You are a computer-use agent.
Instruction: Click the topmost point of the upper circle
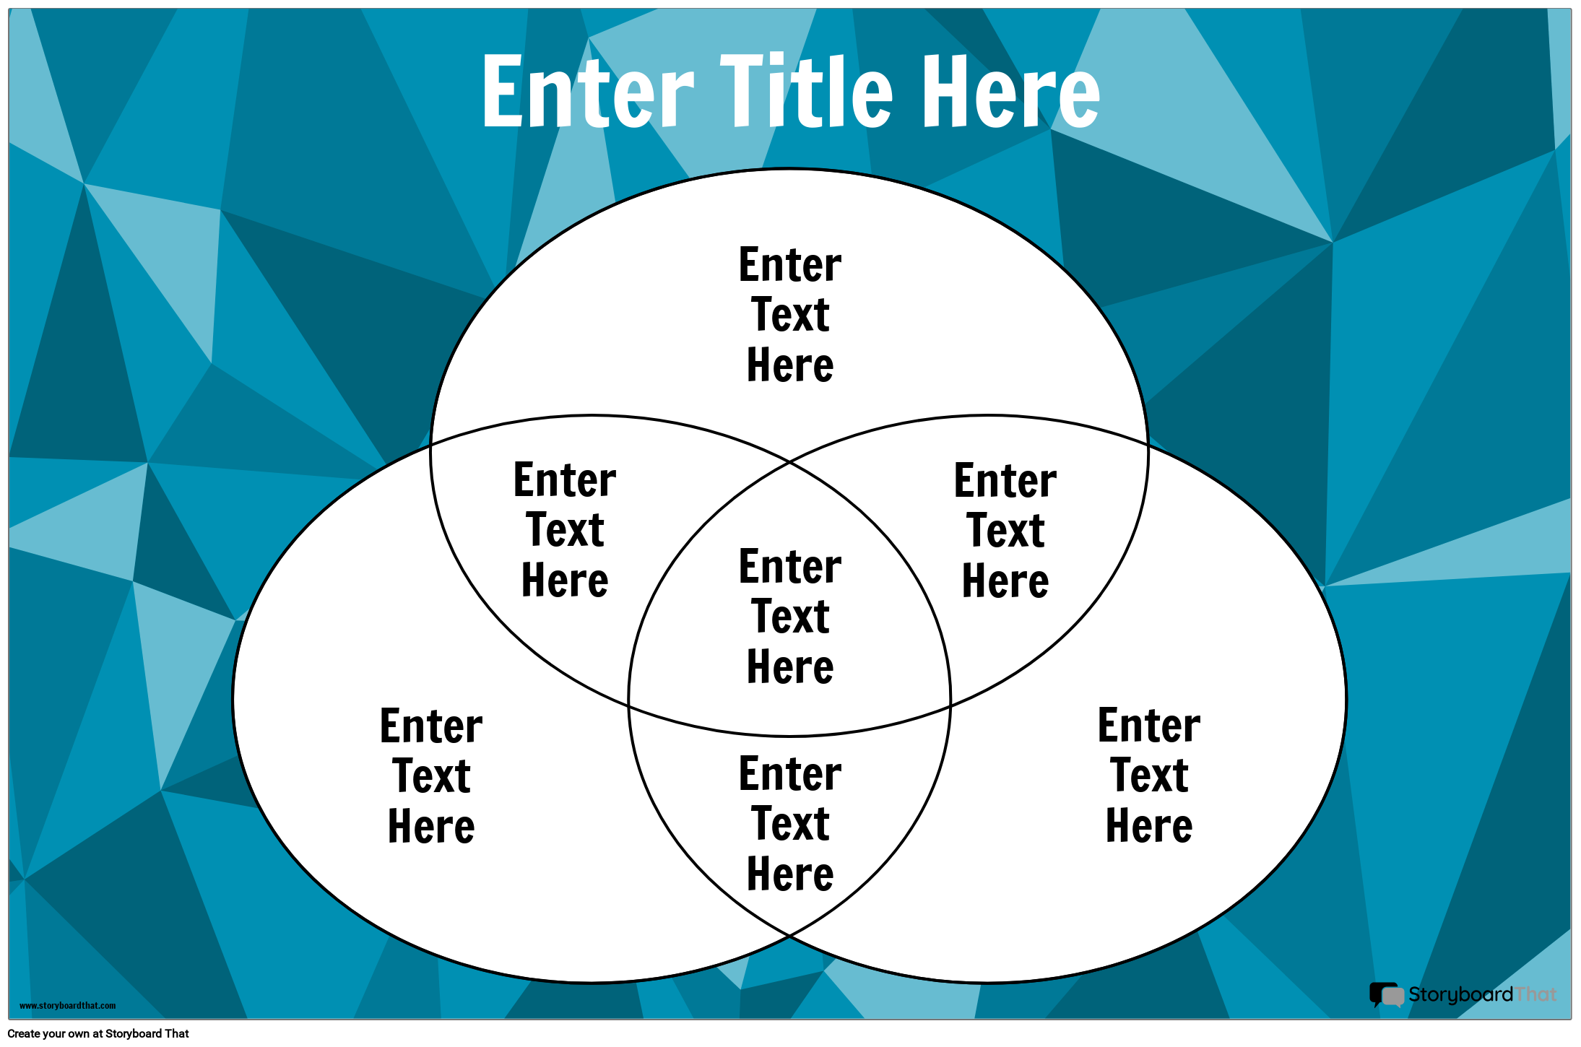(789, 169)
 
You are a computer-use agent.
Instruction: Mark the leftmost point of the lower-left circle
(233, 699)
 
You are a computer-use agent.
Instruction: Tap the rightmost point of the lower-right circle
(1347, 699)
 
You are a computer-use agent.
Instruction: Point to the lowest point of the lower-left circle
(592, 983)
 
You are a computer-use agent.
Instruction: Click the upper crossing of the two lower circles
(789, 461)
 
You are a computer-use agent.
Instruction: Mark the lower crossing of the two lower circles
(789, 936)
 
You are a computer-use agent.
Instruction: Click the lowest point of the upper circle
(789, 737)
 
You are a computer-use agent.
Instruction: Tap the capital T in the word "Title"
(744, 91)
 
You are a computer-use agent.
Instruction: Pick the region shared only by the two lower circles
(789, 823)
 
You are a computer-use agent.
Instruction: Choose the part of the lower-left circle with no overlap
(432, 776)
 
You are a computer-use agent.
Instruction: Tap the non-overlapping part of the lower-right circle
(1148, 776)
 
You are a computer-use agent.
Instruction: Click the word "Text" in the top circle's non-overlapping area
(790, 315)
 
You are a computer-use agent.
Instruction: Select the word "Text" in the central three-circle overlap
(790, 617)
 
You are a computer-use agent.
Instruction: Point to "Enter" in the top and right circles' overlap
(1005, 481)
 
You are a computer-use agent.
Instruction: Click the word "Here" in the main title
(1011, 91)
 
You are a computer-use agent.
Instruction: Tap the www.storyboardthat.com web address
(67, 1006)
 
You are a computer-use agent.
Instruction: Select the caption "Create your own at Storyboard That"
(98, 1033)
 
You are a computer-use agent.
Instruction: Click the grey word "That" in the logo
(1535, 994)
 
